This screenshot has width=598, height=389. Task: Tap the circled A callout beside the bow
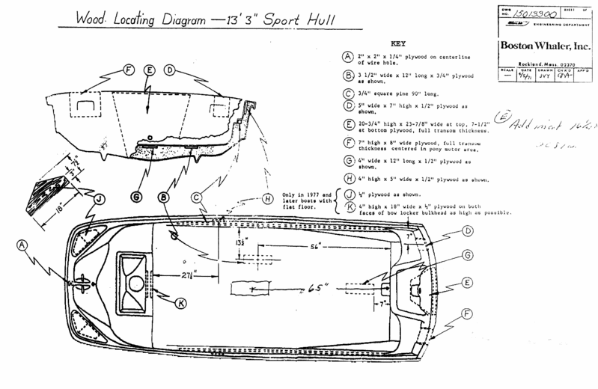point(22,244)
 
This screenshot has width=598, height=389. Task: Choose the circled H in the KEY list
point(347,178)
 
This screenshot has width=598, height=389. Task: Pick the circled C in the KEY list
point(347,94)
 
